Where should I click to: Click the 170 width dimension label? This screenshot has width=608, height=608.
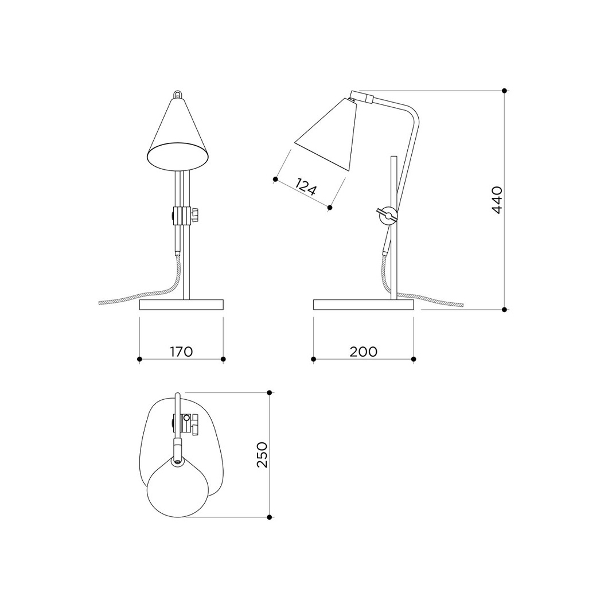tap(181, 351)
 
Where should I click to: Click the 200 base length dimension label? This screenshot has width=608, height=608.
tap(363, 351)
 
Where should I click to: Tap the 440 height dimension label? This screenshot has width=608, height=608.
tap(497, 200)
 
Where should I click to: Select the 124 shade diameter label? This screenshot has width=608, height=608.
tap(306, 186)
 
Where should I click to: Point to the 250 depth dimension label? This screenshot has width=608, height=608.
tap(262, 454)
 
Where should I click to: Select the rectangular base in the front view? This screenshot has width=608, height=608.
tap(181, 305)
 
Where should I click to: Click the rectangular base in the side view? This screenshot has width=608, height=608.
tap(363, 305)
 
